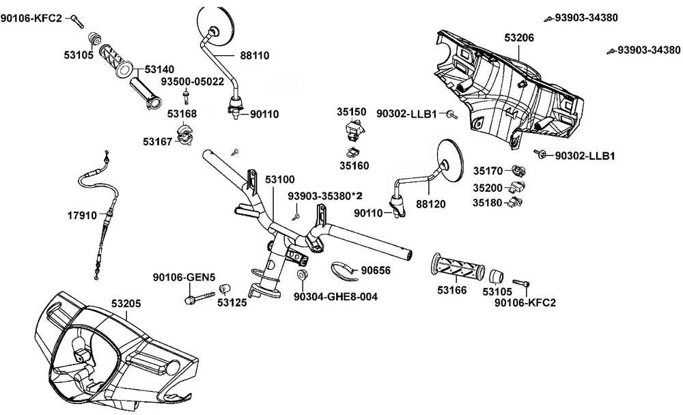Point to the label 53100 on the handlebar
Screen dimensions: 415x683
pyautogui.click(x=279, y=179)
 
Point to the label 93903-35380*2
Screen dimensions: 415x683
pyautogui.click(x=324, y=196)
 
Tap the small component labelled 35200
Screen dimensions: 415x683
pyautogui.click(x=520, y=186)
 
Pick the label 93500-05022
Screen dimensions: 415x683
pyautogui.click(x=193, y=81)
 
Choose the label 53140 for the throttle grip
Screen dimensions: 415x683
pyautogui.click(x=158, y=69)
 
